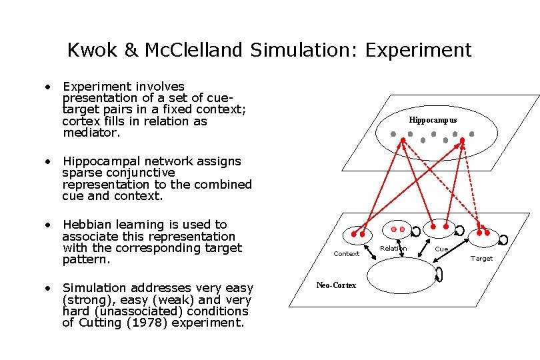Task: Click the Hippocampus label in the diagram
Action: (433, 120)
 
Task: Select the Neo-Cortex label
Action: (336, 285)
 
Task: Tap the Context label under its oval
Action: (346, 253)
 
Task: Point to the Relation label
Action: (393, 248)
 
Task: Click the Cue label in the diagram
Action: (441, 249)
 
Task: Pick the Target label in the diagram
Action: (481, 258)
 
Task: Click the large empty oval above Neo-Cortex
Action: (401, 275)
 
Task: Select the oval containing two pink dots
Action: (398, 231)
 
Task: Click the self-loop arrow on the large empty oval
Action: (439, 273)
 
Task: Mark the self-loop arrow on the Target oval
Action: (503, 239)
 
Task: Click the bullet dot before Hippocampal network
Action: (49, 161)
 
